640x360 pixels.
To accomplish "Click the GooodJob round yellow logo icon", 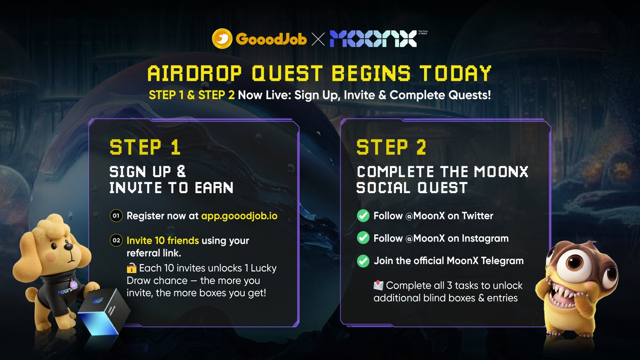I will tap(222, 39).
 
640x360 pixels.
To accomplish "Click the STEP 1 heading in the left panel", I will tap(145, 147).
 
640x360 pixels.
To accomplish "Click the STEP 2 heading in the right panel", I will tap(391, 147).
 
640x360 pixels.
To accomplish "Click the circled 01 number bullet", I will tap(116, 216).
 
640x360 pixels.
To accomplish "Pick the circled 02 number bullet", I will tap(116, 240).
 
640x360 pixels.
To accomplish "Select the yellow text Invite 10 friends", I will tap(163, 241).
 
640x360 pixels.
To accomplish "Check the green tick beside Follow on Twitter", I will tap(363, 216).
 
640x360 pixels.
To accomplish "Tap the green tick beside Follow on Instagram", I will tap(363, 238).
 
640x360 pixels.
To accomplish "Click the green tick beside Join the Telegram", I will tap(363, 261).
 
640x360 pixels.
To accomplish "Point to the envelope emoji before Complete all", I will tap(378, 285).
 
